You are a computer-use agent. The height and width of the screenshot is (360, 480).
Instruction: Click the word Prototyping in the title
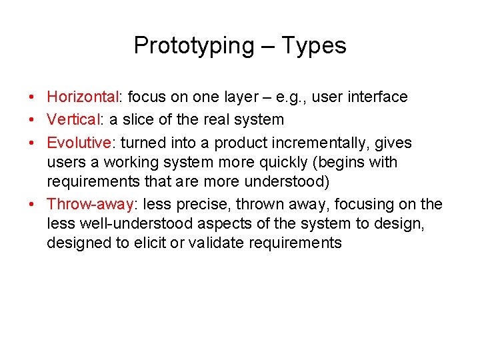[193, 45]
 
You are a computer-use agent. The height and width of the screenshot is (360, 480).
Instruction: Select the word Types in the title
[313, 45]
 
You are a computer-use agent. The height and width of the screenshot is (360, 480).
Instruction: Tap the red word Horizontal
[82, 97]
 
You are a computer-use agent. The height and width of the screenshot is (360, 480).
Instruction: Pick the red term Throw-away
[89, 204]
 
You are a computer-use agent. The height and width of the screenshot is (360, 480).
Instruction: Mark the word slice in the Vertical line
[147, 120]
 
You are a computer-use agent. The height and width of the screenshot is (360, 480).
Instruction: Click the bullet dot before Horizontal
[33, 97]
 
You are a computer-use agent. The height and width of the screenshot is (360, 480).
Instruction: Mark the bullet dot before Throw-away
[33, 205]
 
